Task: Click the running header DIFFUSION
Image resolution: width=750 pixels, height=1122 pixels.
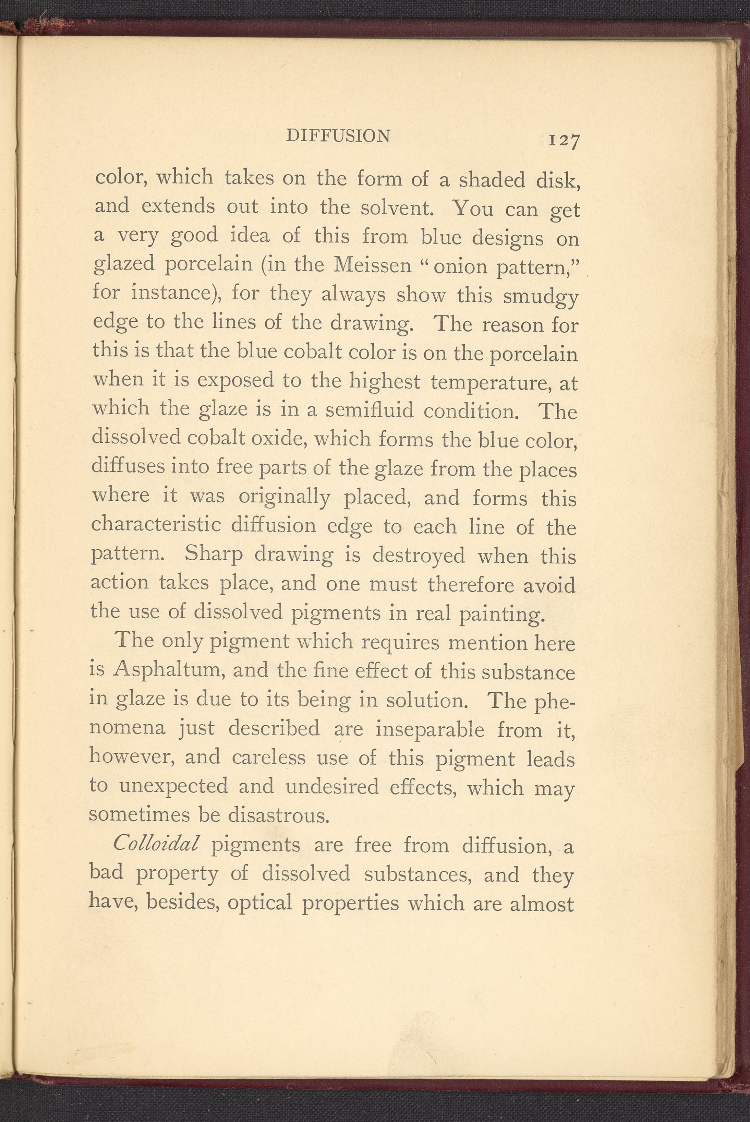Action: tap(338, 136)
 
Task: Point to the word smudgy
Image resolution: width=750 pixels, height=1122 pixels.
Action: tap(541, 297)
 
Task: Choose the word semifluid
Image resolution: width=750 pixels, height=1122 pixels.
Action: tap(369, 410)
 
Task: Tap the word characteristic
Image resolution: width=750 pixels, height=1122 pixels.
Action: tap(156, 525)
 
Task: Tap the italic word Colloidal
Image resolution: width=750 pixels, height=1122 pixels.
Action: tap(156, 844)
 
